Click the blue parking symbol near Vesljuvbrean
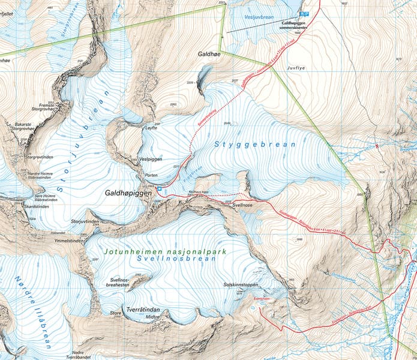pos(304,14)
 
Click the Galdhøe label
pos(209,53)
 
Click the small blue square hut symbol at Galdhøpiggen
pos(160,190)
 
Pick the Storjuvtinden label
pos(85,221)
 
